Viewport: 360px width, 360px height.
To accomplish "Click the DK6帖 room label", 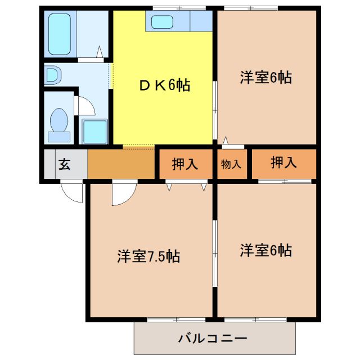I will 164,85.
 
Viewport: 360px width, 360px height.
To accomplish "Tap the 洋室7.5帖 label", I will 148,256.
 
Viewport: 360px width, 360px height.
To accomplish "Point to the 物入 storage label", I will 231,164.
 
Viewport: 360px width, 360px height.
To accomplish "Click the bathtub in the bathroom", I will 58,34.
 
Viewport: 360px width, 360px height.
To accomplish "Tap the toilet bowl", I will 59,121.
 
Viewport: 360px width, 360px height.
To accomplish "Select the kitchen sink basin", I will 163,22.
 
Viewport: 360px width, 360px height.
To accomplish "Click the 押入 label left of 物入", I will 184,164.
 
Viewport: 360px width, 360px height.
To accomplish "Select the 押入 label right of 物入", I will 283,163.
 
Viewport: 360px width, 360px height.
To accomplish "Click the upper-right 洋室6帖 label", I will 265,78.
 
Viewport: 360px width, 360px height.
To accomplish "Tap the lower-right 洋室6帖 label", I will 265,250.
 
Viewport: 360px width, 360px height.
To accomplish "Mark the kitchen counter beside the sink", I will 201,21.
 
